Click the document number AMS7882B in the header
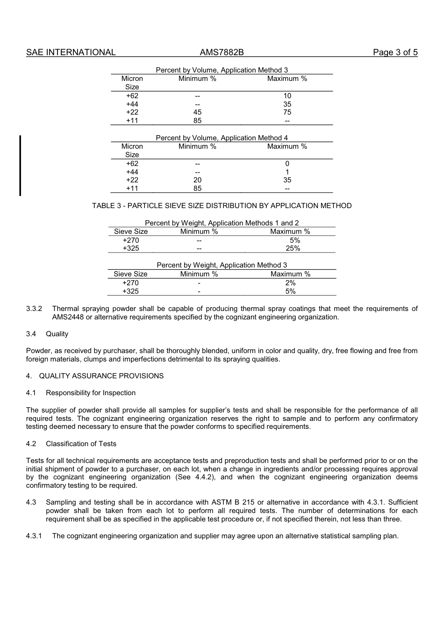[x=222, y=52]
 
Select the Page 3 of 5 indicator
[x=395, y=52]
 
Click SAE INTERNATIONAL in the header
[x=71, y=52]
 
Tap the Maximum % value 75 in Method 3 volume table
[x=287, y=112]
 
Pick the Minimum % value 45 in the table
[x=197, y=112]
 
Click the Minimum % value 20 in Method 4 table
[x=197, y=180]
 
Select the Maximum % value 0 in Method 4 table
[x=287, y=164]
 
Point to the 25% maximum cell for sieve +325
[x=293, y=248]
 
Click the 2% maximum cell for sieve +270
[x=290, y=283]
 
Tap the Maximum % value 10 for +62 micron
[x=287, y=96]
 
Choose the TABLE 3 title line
[x=222, y=206]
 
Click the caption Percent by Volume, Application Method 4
[x=222, y=138]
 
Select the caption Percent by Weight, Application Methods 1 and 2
[x=222, y=223]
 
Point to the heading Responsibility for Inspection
[x=91, y=393]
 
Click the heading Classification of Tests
[x=81, y=444]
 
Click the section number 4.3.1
[x=34, y=536]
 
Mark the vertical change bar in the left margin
[x=20, y=166]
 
